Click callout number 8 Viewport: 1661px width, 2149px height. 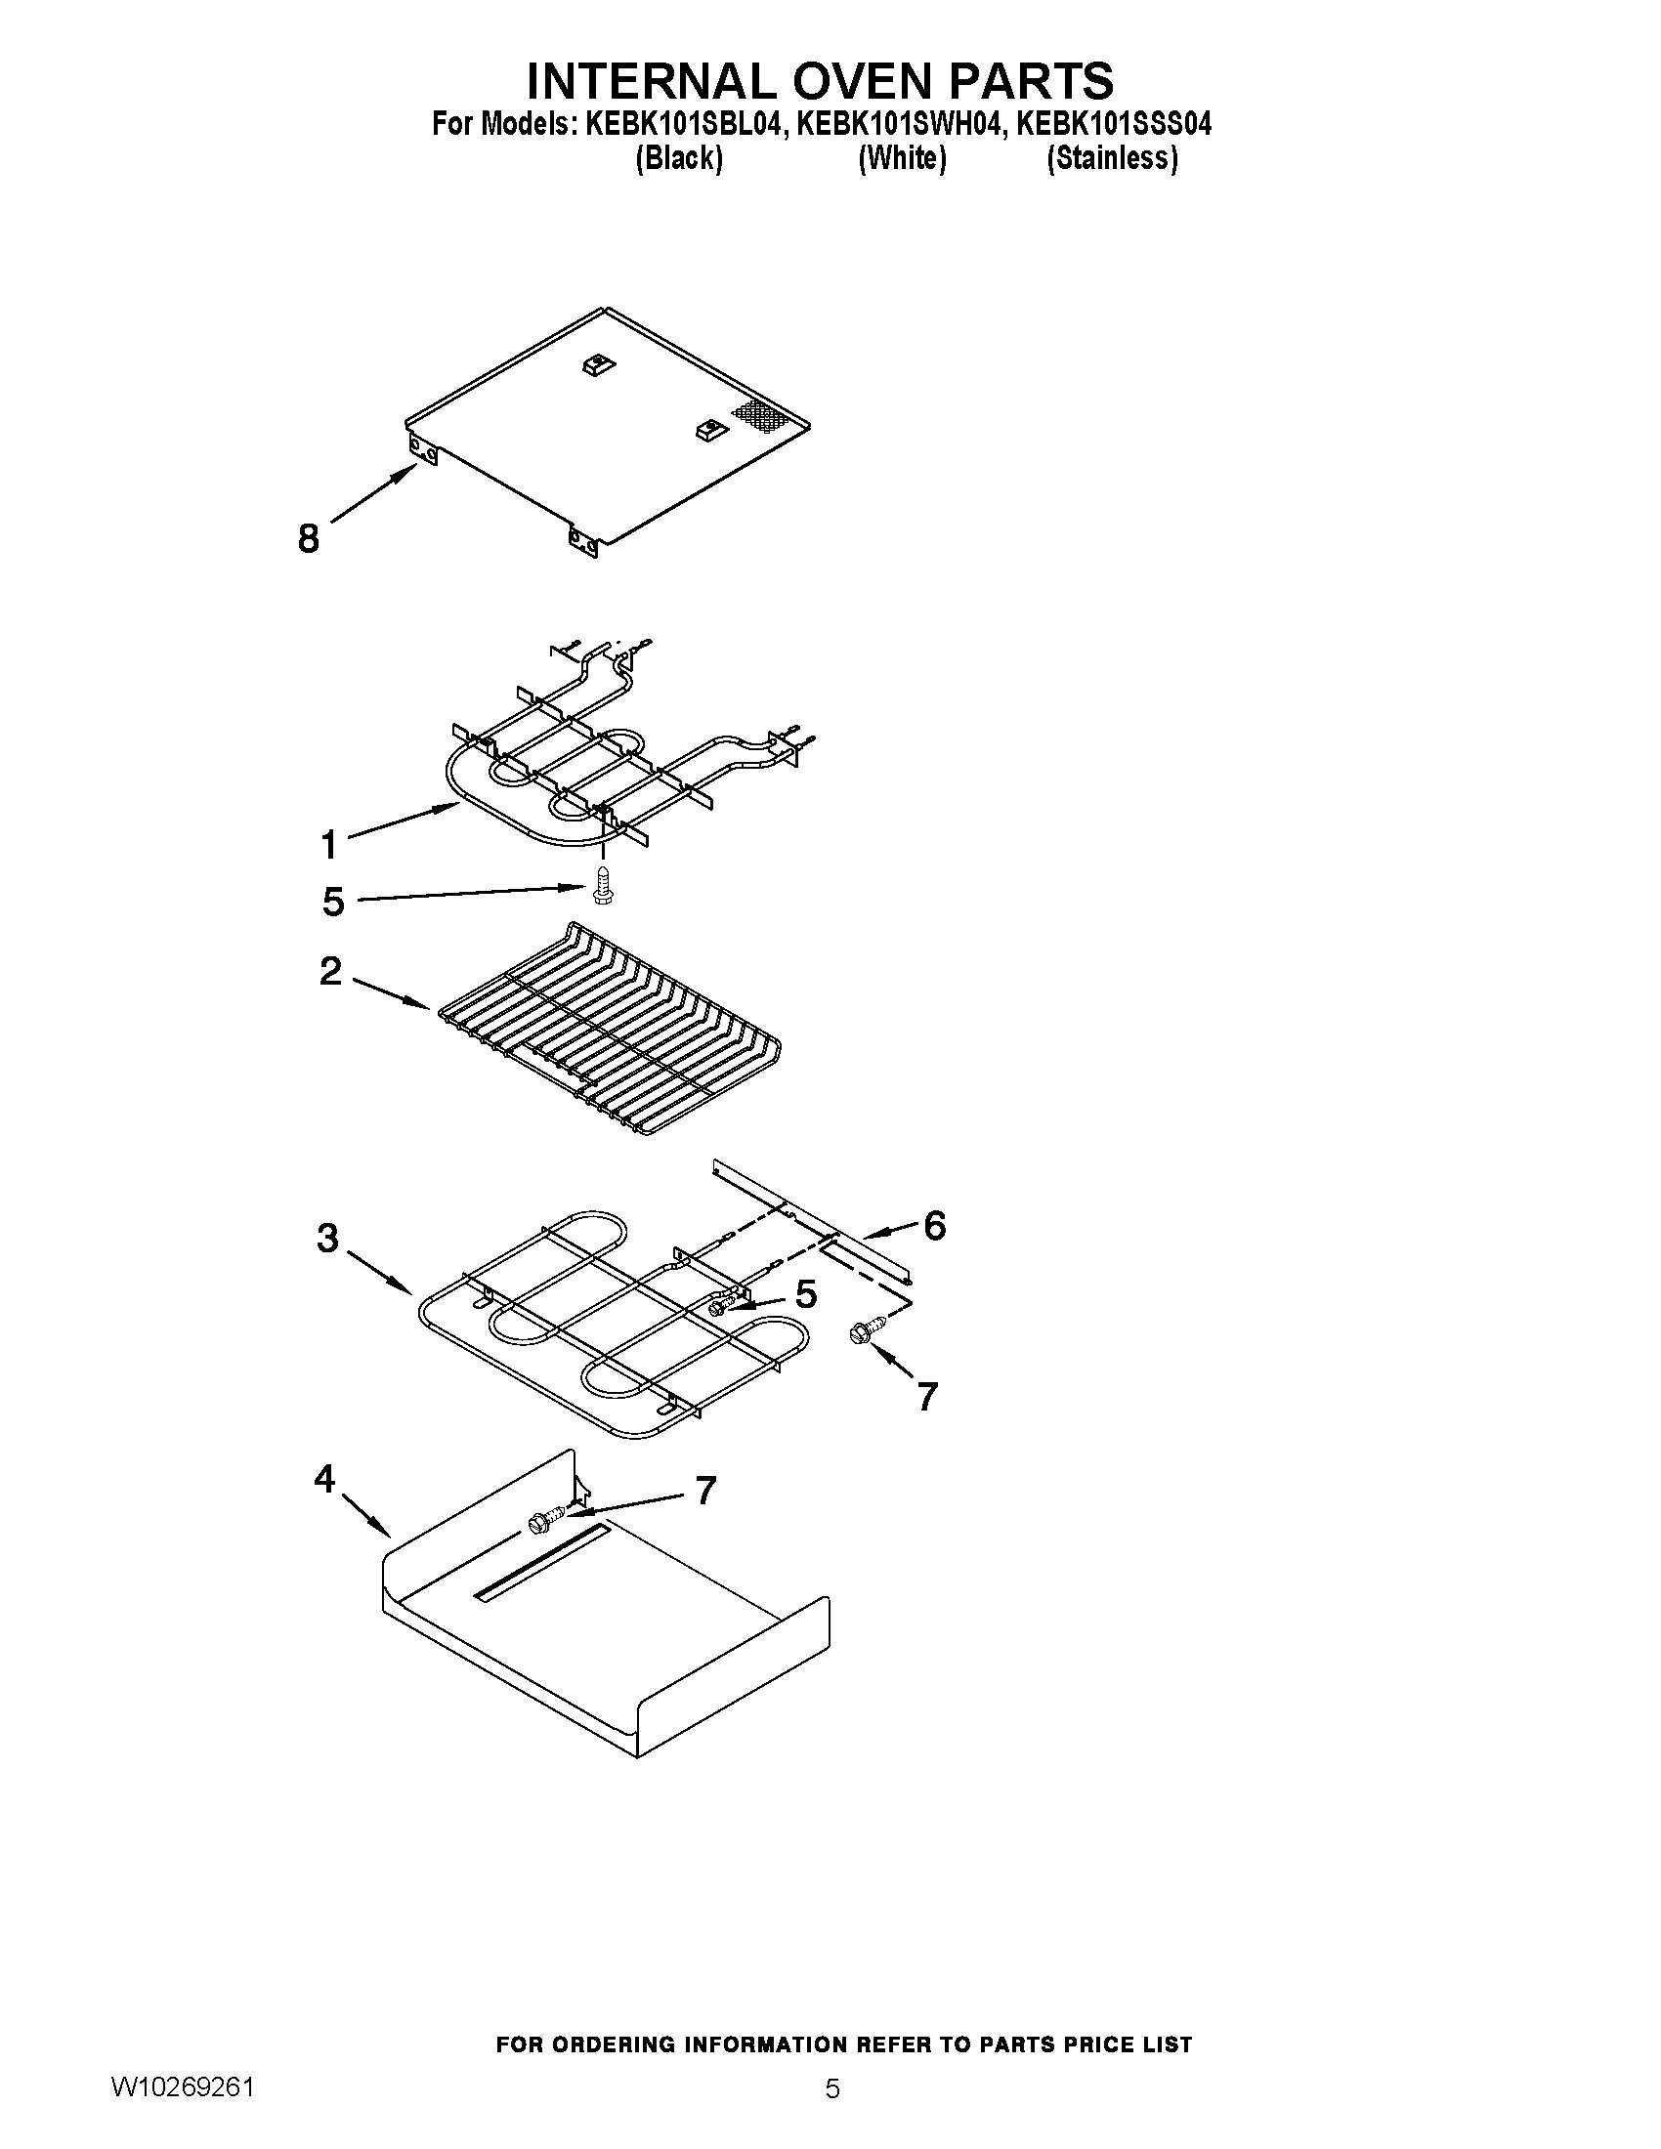pos(308,538)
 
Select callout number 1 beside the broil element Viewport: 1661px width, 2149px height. pos(328,844)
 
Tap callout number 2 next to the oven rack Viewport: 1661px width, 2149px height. pos(330,971)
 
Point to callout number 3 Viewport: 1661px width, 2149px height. pos(327,1238)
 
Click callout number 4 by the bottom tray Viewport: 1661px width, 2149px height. pos(324,1478)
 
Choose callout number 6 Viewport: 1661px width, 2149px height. pos(934,1225)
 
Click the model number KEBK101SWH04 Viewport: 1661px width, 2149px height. pos(898,124)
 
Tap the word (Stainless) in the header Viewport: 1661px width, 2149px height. pos(1112,158)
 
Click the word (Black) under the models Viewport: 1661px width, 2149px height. pos(679,158)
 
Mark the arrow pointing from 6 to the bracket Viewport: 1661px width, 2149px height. pos(888,1231)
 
